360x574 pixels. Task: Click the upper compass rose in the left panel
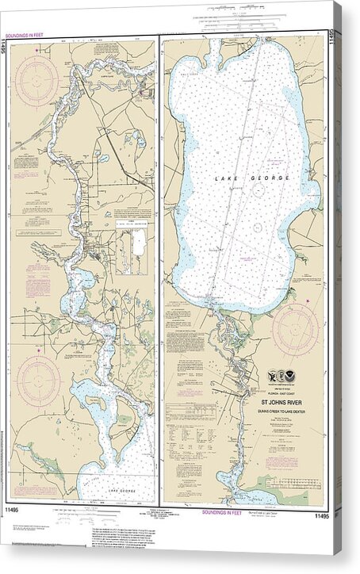click(x=36, y=81)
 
